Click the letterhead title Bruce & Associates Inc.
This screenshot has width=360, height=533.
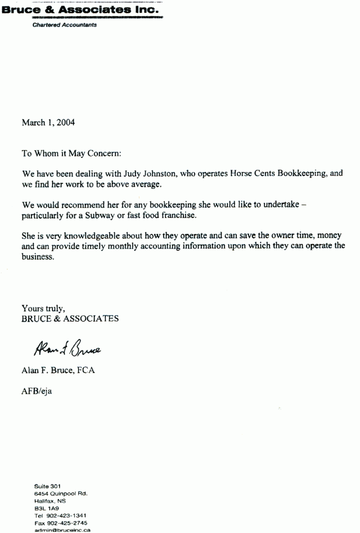[81, 10]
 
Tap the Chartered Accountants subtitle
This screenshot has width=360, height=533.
[64, 25]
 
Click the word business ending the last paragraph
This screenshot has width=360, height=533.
[38, 258]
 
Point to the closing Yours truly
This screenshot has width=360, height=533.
[44, 308]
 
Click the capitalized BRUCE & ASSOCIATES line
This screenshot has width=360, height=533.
[70, 318]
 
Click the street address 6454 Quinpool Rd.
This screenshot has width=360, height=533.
[61, 493]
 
